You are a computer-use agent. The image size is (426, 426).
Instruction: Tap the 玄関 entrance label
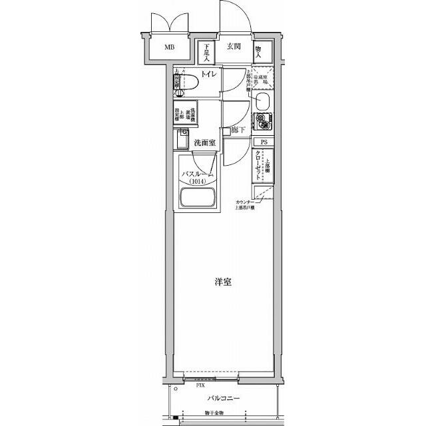232,47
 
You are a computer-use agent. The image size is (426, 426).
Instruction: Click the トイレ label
209,75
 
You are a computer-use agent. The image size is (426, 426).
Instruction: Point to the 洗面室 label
204,143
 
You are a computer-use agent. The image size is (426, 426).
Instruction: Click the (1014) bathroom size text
197,182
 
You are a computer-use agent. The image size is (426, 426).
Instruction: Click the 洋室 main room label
222,282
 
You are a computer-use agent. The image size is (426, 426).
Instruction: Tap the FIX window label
200,385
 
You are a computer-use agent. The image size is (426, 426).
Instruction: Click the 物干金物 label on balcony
214,413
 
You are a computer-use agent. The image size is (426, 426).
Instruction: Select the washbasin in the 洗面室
182,140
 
